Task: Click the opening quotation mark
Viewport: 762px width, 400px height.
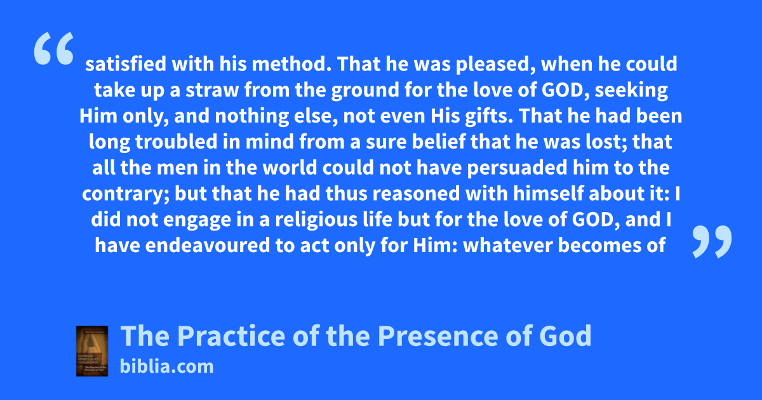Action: [x=54, y=48]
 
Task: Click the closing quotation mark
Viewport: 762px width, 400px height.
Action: [x=712, y=241]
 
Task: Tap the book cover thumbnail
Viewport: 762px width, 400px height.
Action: [x=92, y=350]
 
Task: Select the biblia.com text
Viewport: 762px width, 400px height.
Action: [x=166, y=366]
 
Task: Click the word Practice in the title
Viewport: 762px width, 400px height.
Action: [x=231, y=336]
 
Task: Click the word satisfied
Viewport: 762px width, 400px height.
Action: [x=126, y=64]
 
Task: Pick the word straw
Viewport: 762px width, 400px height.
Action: [x=212, y=90]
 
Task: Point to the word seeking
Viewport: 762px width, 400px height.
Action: [x=631, y=90]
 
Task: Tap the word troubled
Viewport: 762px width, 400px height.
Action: [x=177, y=142]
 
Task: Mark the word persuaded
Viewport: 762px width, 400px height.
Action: [x=517, y=168]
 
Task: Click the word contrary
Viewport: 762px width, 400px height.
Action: [x=126, y=194]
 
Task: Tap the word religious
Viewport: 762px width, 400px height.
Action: [x=316, y=220]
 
